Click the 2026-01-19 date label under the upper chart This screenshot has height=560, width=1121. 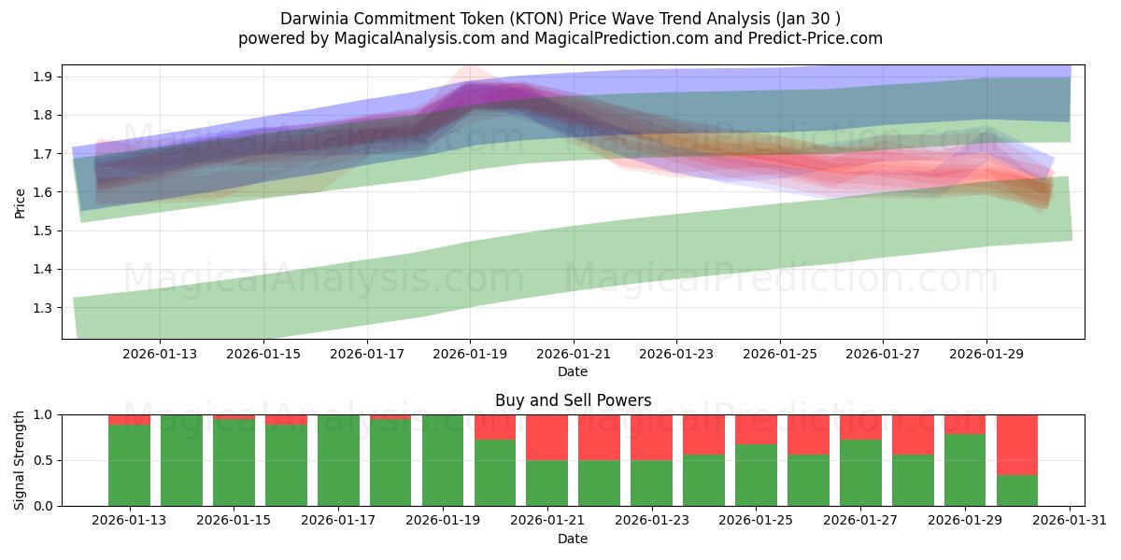click(x=469, y=354)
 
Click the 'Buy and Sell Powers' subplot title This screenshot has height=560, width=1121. click(x=573, y=400)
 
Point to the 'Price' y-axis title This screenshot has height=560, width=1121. click(x=21, y=202)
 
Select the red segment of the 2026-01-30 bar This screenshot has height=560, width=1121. click(x=1017, y=444)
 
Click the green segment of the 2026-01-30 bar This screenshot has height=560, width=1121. click(x=1017, y=491)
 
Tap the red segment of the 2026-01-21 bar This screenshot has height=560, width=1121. click(x=546, y=437)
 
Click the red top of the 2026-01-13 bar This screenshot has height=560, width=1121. click(x=129, y=420)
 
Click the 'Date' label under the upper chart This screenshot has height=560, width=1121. click(x=573, y=371)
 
